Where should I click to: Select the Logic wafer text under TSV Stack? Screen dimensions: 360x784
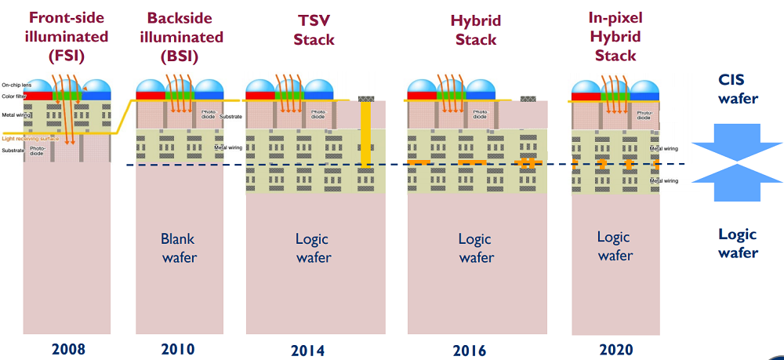click(313, 248)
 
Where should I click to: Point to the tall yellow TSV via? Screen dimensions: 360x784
click(365, 133)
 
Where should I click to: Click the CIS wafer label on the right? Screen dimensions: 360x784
click(738, 89)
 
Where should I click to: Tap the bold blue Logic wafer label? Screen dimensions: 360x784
click(738, 243)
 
